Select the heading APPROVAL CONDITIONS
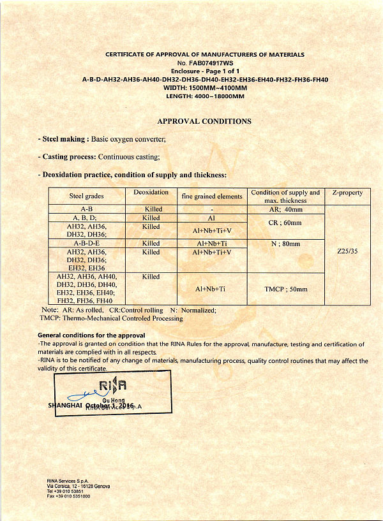[x=204, y=121]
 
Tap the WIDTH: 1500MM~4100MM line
[x=205, y=87]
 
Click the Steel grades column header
[x=86, y=196]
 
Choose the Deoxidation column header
[x=151, y=192]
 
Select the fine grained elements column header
[x=212, y=196]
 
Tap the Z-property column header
[x=347, y=193]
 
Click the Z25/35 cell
[x=347, y=251]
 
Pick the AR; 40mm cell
[x=285, y=209]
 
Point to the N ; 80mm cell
[x=285, y=244]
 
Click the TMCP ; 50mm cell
[x=285, y=289]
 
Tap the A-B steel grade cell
[x=87, y=209]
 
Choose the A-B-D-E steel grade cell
[x=87, y=244]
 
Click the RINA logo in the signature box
[x=113, y=385]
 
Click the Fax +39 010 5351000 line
[x=68, y=495]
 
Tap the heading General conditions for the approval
[x=91, y=335]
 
